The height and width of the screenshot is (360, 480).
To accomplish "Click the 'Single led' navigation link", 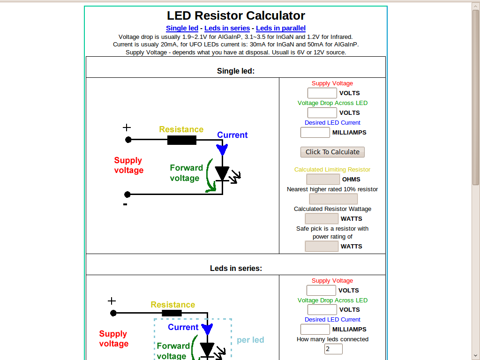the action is pos(182,28).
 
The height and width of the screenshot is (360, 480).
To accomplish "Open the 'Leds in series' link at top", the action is pos(227,28).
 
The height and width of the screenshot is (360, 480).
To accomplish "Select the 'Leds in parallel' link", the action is pos(281,28).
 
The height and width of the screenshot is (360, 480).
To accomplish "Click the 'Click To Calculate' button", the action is pos(332,152).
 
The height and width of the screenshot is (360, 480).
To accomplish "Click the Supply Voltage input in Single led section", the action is pos(322,93).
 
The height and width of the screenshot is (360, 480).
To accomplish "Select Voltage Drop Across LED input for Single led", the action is pos(322,112).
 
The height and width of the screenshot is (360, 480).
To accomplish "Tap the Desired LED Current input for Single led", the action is pos(315,132).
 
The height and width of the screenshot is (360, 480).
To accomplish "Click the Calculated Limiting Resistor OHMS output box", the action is pos(323,179).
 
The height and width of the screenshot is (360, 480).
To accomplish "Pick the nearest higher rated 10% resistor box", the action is pos(333,199).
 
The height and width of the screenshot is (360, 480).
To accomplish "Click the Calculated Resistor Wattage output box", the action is pos(322,218).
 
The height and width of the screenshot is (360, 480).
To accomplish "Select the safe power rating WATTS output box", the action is pos(322,246).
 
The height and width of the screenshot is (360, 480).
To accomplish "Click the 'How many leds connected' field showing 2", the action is pos(333,349).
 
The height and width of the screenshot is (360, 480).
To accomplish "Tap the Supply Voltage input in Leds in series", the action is pos(321,290).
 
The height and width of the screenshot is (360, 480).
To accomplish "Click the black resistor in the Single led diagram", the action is pos(182,140).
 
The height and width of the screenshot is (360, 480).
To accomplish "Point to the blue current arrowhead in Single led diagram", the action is pos(222,150).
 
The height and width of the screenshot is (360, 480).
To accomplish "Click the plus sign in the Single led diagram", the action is pos(127,127).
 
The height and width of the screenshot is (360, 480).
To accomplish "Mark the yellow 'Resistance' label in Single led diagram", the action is pos(181,129).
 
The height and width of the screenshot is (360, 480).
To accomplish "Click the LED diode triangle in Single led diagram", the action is pos(222,173).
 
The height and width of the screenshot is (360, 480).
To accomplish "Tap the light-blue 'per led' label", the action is pos(250,340).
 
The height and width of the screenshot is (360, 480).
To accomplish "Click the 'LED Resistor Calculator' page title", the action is pos(236,15).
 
